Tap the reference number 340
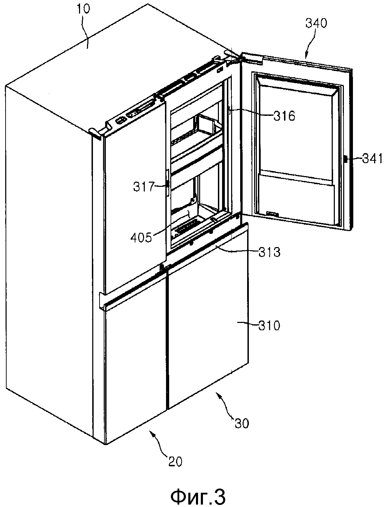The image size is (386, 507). tap(316, 23)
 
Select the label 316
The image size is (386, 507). tap(284, 116)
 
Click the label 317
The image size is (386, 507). tap(143, 187)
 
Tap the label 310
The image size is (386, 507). tap(269, 326)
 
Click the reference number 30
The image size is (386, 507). tap(242, 423)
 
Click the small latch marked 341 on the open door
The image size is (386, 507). tap(346, 159)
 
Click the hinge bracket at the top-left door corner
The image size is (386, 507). tap(95, 133)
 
